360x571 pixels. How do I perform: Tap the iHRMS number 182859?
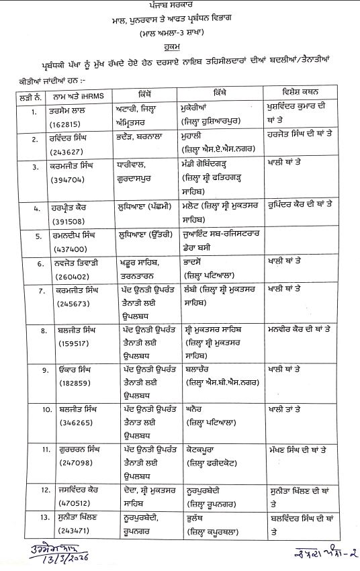pyautogui.click(x=62, y=381)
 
